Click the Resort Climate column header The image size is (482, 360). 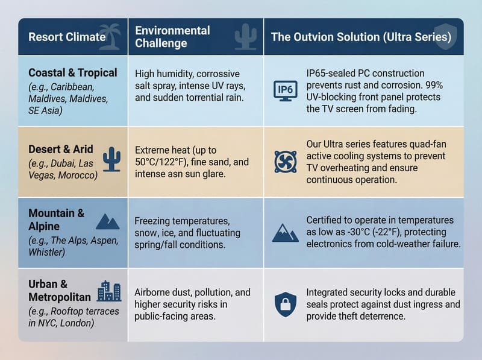point(66,37)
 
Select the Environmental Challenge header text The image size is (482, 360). point(172,37)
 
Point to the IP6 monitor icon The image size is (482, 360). point(285,90)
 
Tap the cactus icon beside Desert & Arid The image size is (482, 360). point(111,159)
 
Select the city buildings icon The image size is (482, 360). point(109,291)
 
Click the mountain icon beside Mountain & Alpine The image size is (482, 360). point(108,221)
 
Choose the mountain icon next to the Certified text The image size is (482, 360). point(285,233)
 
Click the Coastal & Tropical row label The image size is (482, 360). point(73,73)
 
